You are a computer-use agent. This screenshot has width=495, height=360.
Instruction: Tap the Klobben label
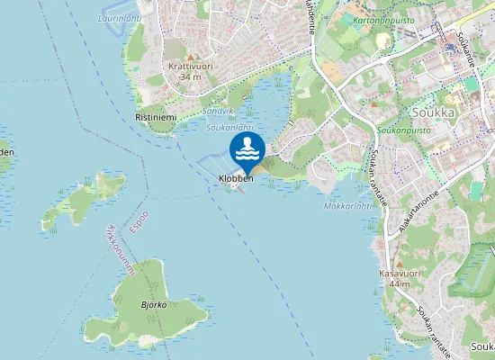click(236, 179)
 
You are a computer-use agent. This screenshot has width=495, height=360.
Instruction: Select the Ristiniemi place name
click(155, 118)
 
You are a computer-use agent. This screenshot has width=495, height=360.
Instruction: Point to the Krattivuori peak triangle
click(190, 58)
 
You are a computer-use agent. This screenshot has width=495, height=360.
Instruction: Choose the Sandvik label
click(218, 111)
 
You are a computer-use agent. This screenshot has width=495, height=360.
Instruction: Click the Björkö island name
click(154, 305)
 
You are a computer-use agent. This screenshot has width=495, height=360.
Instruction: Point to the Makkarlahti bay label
click(348, 205)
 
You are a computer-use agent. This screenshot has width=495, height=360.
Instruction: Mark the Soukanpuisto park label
click(401, 130)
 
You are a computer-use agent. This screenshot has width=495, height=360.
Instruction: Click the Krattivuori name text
click(190, 67)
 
